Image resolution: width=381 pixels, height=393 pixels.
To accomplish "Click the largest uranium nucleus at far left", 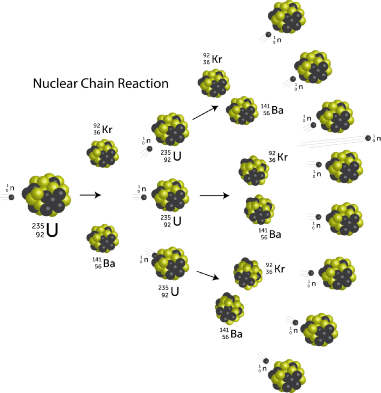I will coord(47,194).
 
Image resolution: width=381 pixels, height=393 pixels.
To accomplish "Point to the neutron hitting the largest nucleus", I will coord(11,197).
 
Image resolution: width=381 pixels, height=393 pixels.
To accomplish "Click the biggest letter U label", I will coord(52,230).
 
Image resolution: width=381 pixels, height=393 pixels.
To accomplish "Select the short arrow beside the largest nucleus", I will coord(90,194).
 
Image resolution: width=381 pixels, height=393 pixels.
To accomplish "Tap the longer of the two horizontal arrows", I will coord(214,195).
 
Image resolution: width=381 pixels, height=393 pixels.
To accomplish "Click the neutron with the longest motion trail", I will coord(368,138).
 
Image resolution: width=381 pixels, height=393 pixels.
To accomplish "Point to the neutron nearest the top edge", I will coord(268,35).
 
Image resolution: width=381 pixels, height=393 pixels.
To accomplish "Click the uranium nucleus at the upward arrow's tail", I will coord(170,129).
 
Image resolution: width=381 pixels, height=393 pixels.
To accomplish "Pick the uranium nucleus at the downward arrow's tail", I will coord(171,263).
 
